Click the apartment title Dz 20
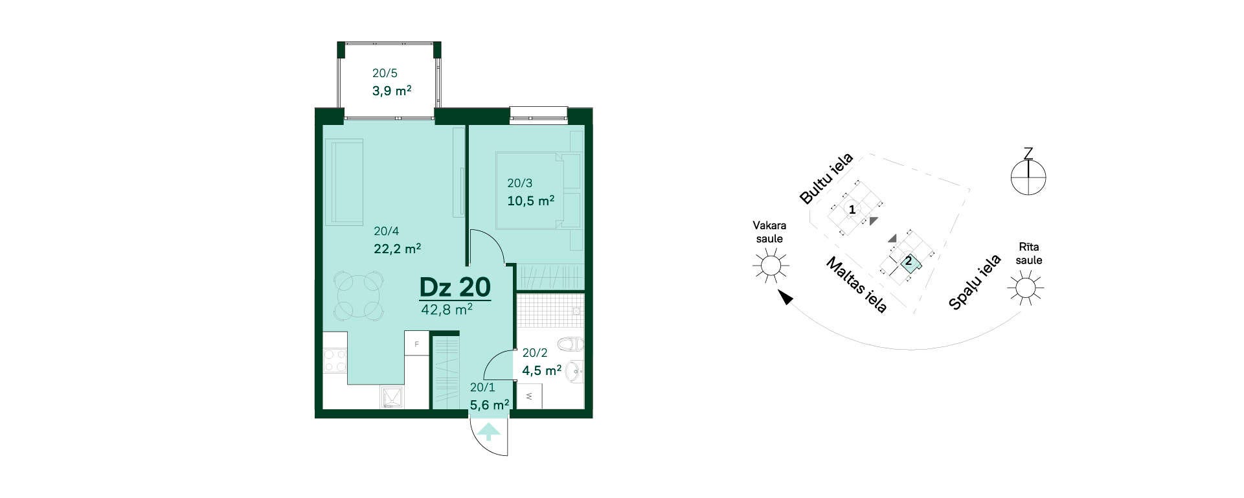click(455, 287)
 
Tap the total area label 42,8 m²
click(447, 310)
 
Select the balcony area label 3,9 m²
click(392, 91)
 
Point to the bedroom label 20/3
click(519, 183)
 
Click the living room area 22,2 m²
click(398, 248)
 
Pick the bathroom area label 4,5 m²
click(541, 370)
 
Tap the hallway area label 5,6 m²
click(490, 405)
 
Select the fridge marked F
click(416, 343)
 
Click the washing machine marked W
click(530, 396)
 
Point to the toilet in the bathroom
click(571, 343)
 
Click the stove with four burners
click(335, 361)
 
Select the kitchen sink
click(391, 398)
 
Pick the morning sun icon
click(1025, 287)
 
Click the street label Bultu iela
click(826, 179)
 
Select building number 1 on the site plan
click(852, 210)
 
